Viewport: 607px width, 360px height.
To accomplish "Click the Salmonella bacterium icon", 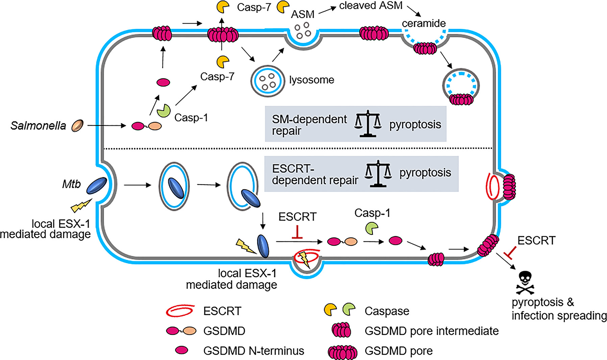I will point(77,125).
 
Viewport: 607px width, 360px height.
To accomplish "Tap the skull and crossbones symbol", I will point(525,283).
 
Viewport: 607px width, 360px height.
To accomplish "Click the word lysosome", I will point(311,80).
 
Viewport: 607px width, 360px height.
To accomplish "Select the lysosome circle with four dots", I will point(267,81).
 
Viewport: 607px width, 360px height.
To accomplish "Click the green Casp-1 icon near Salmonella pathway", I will point(164,111).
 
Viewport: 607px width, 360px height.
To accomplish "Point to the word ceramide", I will point(423,23).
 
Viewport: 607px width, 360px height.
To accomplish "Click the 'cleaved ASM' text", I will point(371,6).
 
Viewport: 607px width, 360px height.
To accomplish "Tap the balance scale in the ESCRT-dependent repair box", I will point(378,173).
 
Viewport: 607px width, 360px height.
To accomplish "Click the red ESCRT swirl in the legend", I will point(180,310).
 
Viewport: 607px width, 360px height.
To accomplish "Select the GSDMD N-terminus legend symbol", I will point(181,350).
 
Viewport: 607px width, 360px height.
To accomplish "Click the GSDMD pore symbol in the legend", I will point(342,352).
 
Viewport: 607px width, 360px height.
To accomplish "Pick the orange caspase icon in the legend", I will point(331,309).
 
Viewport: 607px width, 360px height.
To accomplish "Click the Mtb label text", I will point(71,184).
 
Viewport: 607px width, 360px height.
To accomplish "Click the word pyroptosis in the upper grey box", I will point(415,124).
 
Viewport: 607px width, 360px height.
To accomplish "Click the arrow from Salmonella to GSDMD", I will point(106,126).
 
